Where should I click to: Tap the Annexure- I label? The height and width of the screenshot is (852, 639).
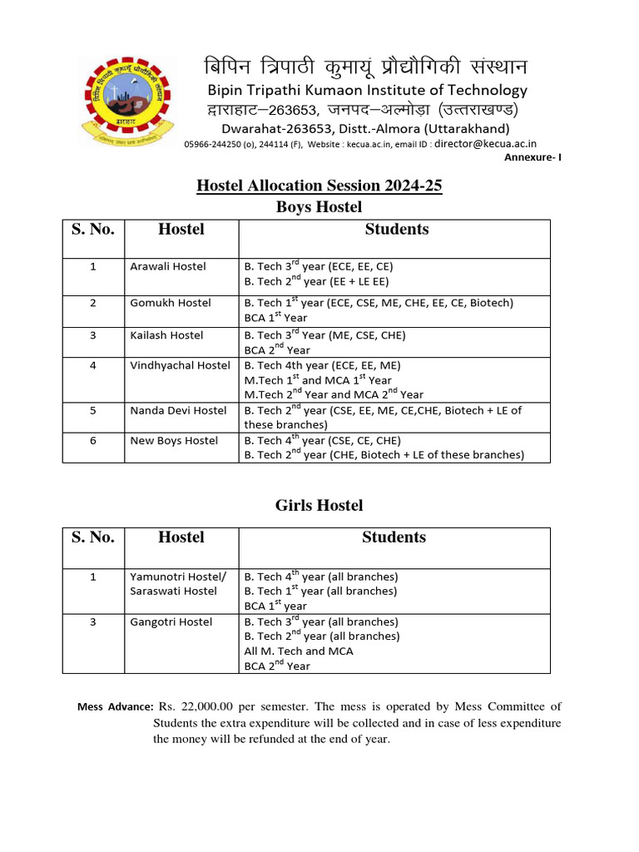pos(533,157)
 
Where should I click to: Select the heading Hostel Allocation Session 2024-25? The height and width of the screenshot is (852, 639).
pos(319,186)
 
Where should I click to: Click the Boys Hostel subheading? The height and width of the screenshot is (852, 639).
pos(319,206)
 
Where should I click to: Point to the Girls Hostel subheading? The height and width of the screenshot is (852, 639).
pos(319,505)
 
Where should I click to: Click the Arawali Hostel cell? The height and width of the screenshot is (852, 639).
pos(168,266)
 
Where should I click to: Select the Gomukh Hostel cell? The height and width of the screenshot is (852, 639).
pos(171,303)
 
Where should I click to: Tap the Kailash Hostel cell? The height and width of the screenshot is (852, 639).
pos(166,335)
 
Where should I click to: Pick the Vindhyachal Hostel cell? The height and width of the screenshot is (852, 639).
pos(181,365)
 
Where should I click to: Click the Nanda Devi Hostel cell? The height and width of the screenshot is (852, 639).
pos(178,410)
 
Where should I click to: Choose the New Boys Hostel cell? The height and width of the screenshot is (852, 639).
pos(174,440)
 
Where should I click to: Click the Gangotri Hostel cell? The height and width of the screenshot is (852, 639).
pos(171,622)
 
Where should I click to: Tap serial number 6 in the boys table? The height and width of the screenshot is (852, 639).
pos(93,440)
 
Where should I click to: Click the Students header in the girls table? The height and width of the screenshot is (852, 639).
pos(394,537)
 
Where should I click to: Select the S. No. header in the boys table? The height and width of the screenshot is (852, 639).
pos(93,230)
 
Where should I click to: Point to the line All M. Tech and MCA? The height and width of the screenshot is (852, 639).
pos(298,651)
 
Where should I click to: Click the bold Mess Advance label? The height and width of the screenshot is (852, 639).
pos(115,707)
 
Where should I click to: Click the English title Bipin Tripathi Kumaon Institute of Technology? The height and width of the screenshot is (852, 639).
pos(367,90)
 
